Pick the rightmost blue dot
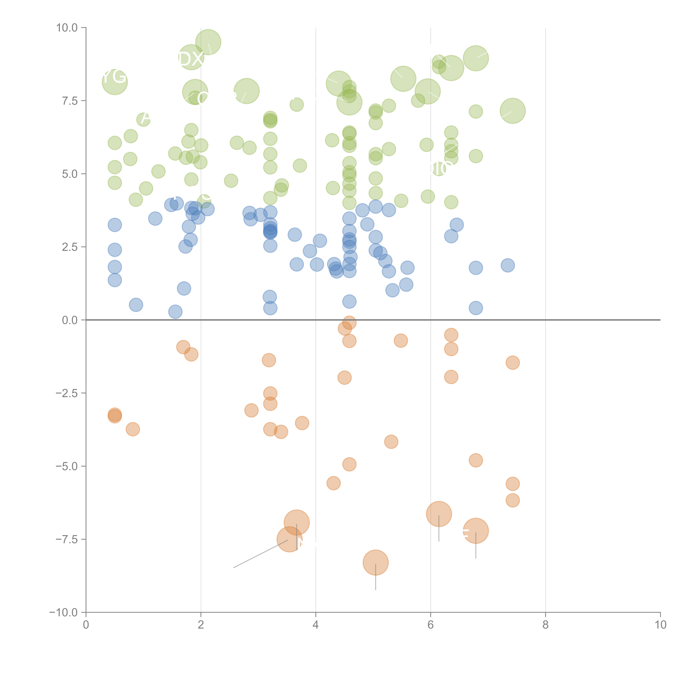click(x=507, y=265)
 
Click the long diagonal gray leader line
click(x=261, y=554)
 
